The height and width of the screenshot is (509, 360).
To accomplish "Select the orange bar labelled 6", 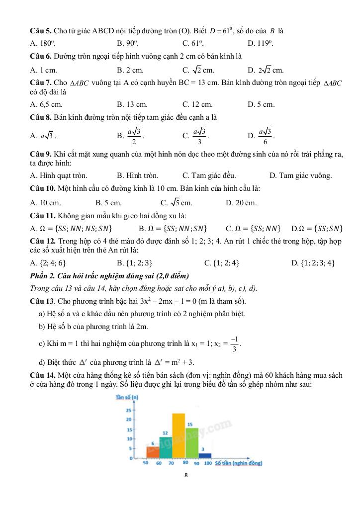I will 153,451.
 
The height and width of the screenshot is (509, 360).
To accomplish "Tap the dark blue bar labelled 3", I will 204,455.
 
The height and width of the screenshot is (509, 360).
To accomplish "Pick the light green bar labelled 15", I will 191,442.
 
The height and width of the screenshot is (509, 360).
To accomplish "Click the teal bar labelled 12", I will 166,447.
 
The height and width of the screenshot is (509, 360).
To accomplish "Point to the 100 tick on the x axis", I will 208,463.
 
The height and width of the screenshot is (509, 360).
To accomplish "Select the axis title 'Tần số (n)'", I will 127,397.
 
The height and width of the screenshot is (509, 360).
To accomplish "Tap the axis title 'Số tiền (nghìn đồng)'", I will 239,463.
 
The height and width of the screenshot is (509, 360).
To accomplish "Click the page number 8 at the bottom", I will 185,475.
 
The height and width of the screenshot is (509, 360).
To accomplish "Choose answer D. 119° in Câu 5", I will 260,43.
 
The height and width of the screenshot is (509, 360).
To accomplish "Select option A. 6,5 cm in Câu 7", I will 46,104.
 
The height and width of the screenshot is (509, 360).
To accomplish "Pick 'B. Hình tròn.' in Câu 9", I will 138,175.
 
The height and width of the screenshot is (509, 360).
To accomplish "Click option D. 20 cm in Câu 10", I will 241,203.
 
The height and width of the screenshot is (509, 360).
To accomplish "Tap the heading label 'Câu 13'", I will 42,301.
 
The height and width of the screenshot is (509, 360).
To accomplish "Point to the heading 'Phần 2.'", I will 43,276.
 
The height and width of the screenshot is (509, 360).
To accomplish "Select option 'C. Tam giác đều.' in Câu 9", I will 209,175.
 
